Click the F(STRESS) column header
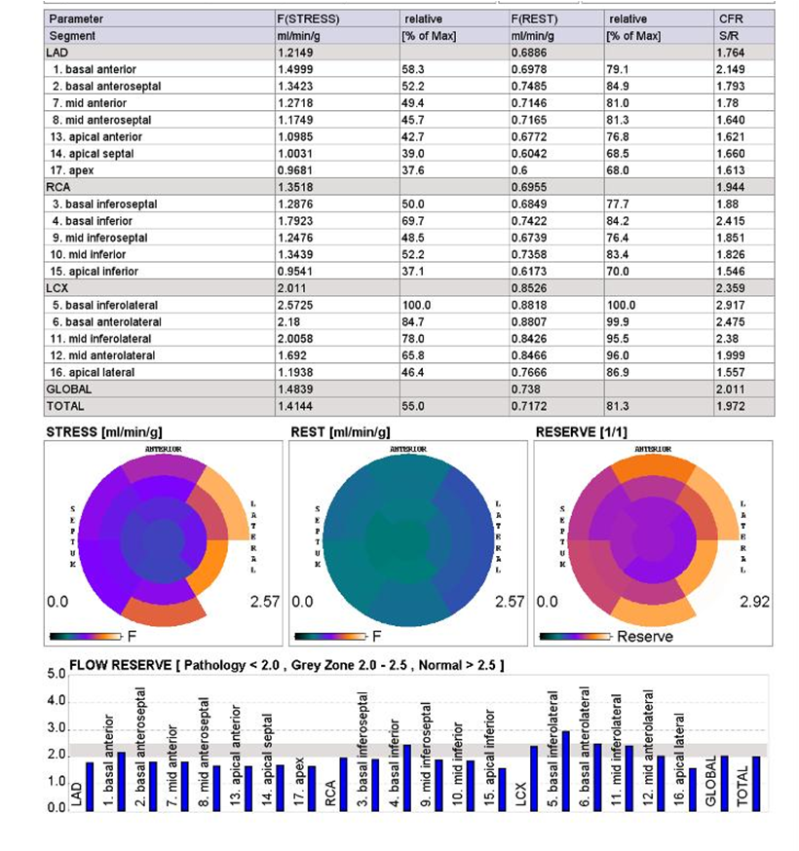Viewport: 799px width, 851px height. [x=308, y=19]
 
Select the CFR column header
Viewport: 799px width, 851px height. [x=730, y=19]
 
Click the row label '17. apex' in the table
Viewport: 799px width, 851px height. [x=72, y=170]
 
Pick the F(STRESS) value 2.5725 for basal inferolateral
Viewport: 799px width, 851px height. [x=295, y=305]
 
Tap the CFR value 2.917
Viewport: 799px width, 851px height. [x=730, y=305]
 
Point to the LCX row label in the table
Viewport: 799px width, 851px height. [x=57, y=288]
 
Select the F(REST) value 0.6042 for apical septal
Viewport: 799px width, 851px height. [x=528, y=154]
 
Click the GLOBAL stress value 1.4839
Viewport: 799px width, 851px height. [x=295, y=389]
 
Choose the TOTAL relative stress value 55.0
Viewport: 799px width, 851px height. [x=413, y=406]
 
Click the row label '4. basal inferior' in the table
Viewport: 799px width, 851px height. [x=92, y=221]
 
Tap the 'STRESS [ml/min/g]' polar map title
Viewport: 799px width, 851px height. [x=104, y=432]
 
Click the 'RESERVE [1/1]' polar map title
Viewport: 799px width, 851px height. [x=581, y=432]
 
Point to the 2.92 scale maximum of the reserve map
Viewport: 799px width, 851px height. [x=754, y=602]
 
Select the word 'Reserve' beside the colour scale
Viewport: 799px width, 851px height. [x=645, y=636]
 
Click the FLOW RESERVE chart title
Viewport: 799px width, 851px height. [x=286, y=665]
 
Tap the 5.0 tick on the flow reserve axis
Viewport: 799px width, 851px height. [x=56, y=674]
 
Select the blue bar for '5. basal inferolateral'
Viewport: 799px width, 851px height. [x=566, y=771]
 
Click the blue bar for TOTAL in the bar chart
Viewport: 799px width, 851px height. [x=756, y=784]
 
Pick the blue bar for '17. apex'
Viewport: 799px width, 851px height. [x=312, y=789]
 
